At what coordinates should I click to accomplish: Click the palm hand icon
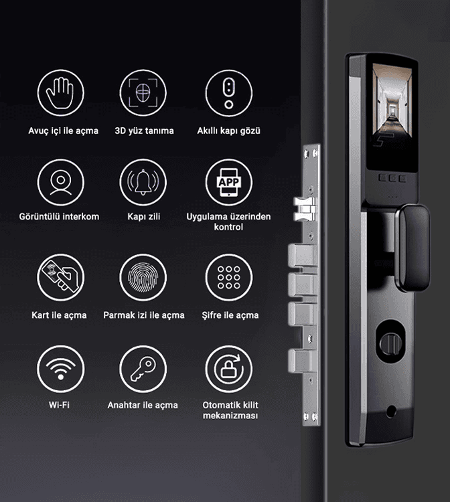click(x=60, y=93)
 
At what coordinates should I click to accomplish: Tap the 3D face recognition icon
click(x=143, y=93)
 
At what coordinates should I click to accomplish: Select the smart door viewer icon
click(x=229, y=93)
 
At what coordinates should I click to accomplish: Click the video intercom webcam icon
click(x=60, y=182)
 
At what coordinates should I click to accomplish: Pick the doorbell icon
click(x=143, y=182)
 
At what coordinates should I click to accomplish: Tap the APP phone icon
click(x=229, y=182)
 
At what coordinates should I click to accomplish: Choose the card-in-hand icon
click(x=60, y=278)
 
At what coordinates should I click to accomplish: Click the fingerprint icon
click(x=143, y=278)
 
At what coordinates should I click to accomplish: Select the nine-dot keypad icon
click(x=229, y=278)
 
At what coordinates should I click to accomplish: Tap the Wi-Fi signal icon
click(x=60, y=369)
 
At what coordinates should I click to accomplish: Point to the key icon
click(x=143, y=369)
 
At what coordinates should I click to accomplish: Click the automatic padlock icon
click(x=229, y=369)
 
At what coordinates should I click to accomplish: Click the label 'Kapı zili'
click(x=144, y=217)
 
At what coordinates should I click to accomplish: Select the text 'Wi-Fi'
click(x=59, y=405)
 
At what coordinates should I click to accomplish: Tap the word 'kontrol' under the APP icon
click(x=228, y=227)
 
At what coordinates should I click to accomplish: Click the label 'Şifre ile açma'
click(x=230, y=315)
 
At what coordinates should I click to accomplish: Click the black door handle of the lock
click(x=412, y=248)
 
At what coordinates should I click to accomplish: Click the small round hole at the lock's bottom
click(x=391, y=412)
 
